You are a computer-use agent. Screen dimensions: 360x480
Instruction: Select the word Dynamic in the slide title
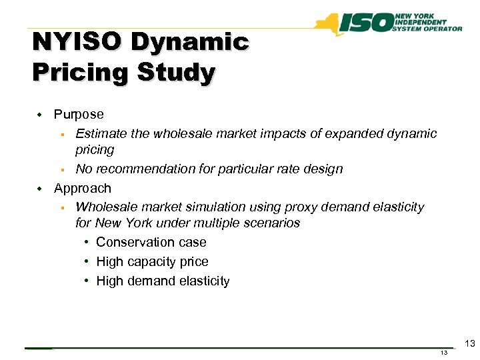point(190,43)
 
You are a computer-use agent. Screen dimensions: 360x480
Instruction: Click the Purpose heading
point(79,115)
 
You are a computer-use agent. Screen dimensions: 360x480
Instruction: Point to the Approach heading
point(83,188)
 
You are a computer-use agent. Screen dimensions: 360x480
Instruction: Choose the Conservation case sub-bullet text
point(151,243)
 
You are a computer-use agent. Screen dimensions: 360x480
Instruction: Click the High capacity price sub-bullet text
point(152,262)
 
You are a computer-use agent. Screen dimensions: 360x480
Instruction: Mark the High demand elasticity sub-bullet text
point(163,281)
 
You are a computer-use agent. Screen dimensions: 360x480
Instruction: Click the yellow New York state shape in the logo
point(327,25)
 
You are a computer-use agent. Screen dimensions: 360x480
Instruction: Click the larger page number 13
point(469,344)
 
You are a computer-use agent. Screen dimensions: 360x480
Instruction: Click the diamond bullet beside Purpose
point(39,115)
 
